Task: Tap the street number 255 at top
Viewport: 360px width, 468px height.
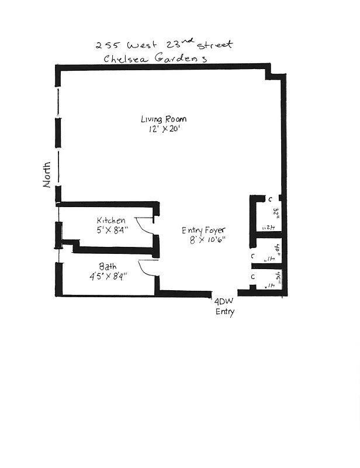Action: pyautogui.click(x=107, y=44)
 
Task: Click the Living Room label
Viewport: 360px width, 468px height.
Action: pyautogui.click(x=164, y=119)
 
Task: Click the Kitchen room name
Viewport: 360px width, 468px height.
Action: pyautogui.click(x=111, y=221)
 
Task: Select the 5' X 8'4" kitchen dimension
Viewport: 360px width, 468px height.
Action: pyautogui.click(x=112, y=230)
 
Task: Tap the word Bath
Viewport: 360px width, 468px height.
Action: pyautogui.click(x=108, y=266)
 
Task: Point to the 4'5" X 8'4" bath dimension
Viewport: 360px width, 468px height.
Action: pyautogui.click(x=109, y=276)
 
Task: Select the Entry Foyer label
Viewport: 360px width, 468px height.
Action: pyautogui.click(x=203, y=230)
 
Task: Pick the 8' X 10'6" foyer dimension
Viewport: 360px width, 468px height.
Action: pyautogui.click(x=204, y=240)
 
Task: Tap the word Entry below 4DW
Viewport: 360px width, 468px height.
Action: pyautogui.click(x=224, y=312)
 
